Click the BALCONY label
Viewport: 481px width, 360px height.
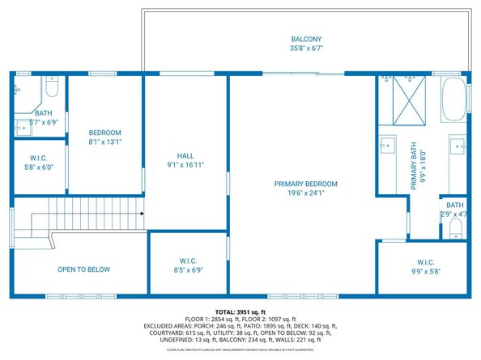pyautogui.click(x=306, y=39)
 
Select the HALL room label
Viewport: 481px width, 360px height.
pyautogui.click(x=185, y=155)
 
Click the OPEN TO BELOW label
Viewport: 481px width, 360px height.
pyautogui.click(x=83, y=269)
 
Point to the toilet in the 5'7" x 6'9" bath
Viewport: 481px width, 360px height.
pyautogui.click(x=51, y=87)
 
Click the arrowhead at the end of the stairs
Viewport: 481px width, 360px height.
pyautogui.click(x=142, y=214)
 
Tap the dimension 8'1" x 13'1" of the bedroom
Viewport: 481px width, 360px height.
pyautogui.click(x=105, y=142)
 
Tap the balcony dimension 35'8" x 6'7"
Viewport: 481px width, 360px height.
pyautogui.click(x=306, y=49)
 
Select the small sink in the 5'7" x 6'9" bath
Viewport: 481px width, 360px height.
pyautogui.click(x=20, y=126)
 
